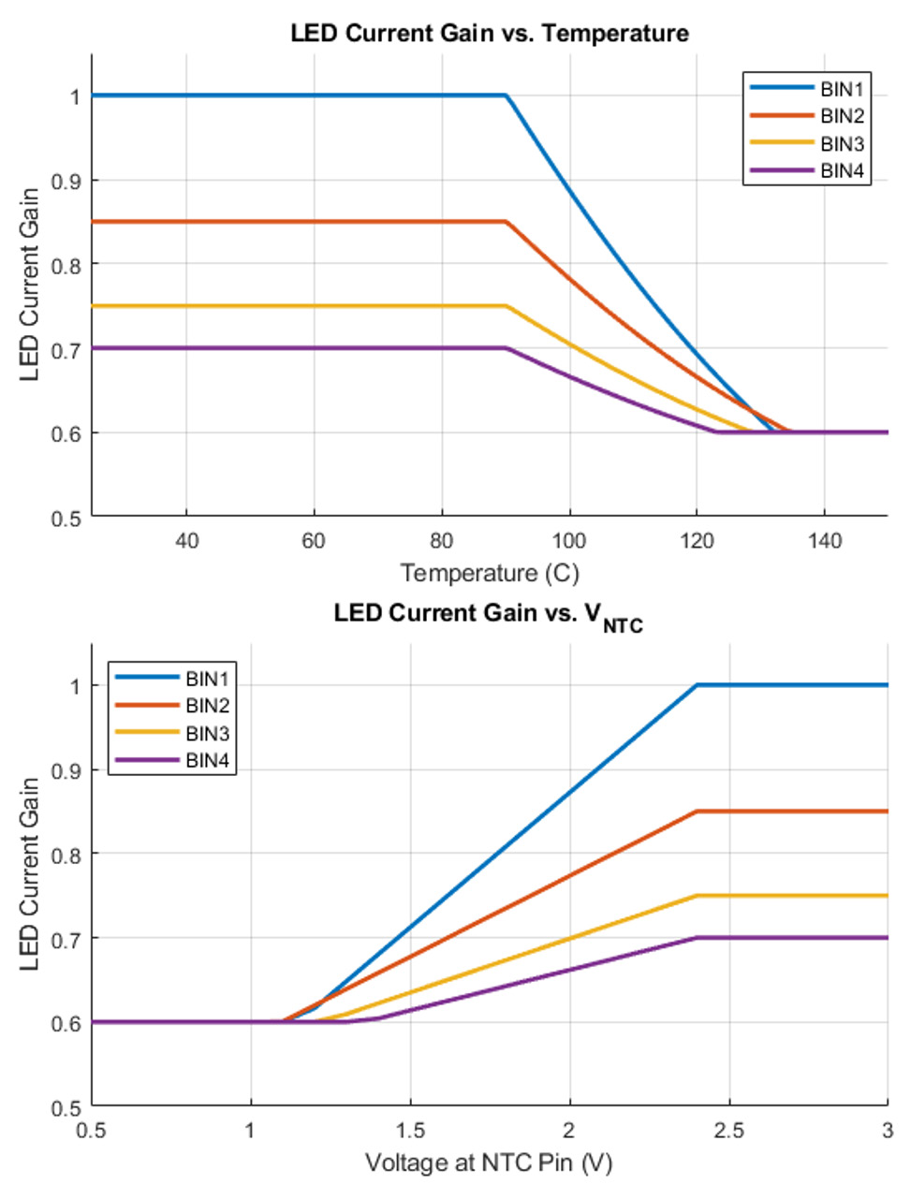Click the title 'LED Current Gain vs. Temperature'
point(489,34)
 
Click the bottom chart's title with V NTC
point(488,615)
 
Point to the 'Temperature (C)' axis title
point(489,573)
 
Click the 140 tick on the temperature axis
point(824,540)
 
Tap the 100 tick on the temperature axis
point(568,540)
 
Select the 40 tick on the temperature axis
point(186,540)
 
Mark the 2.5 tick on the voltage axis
point(728,1130)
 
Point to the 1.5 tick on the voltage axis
point(410,1130)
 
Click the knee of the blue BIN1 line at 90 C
point(506,95)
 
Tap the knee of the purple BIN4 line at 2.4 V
point(697,938)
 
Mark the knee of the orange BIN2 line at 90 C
point(506,222)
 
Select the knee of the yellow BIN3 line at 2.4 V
point(697,896)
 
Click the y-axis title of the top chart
point(30,285)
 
